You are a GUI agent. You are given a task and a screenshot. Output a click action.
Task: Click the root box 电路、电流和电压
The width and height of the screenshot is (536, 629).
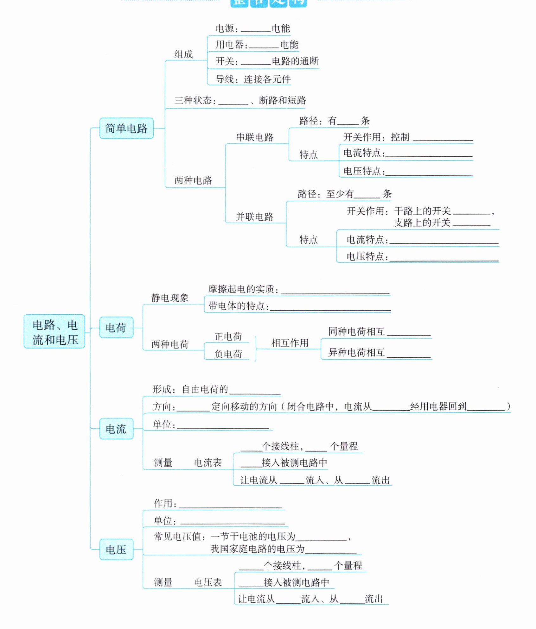coord(54,331)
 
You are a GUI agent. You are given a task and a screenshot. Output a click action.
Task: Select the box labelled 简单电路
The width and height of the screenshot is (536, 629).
coord(126,128)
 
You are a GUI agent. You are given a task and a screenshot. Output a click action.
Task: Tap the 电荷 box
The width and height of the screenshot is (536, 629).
coord(116,327)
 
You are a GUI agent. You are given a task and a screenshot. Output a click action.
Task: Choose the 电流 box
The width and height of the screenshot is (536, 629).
coord(116,429)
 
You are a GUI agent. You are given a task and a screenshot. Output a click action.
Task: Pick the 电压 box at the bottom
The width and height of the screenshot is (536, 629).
coord(116,549)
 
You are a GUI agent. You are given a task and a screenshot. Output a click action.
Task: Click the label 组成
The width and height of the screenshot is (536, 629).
coord(183,54)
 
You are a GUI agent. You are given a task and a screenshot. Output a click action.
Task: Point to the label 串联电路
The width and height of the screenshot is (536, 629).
coord(255,137)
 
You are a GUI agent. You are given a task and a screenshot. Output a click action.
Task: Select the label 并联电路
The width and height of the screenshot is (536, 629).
coord(255,217)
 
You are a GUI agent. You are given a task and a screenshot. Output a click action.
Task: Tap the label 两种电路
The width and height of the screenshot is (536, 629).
coord(193,180)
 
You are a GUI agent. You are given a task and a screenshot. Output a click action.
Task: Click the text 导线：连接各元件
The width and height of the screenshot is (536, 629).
coord(253,79)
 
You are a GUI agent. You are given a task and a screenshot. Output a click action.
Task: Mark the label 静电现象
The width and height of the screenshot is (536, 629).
coord(170,298)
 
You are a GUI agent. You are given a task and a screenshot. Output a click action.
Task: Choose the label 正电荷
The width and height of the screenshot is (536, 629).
coord(228,336)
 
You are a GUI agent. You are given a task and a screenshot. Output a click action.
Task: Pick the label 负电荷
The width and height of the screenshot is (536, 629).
coord(228,354)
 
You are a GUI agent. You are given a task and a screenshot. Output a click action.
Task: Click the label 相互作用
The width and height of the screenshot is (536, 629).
coord(290,343)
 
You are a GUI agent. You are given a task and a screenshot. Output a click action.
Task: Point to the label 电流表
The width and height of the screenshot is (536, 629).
coord(208,462)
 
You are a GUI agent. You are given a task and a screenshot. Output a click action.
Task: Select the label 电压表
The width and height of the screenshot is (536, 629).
coord(208,582)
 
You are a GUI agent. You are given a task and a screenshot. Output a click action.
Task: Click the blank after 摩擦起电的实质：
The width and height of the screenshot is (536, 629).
coord(335,290)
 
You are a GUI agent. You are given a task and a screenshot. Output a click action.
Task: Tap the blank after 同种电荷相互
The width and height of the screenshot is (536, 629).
coord(409,332)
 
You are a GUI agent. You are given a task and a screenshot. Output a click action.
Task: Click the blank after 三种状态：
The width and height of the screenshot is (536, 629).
coord(233,101)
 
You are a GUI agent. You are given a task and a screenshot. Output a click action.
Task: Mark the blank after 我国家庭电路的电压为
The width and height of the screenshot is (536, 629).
coord(331,550)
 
